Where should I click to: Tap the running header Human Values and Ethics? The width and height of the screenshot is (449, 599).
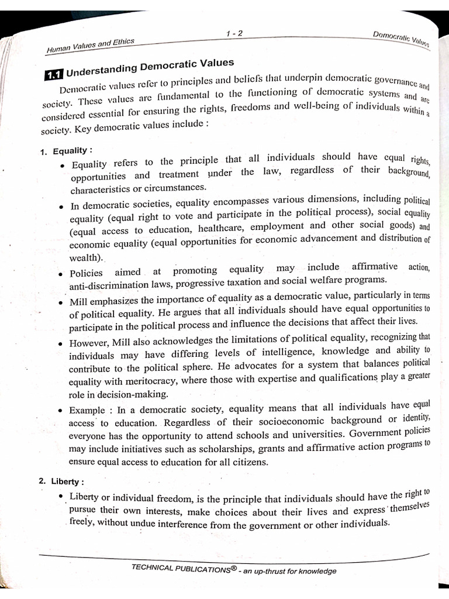tap(90, 45)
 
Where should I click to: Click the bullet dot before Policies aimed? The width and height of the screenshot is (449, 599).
tap(61, 273)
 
